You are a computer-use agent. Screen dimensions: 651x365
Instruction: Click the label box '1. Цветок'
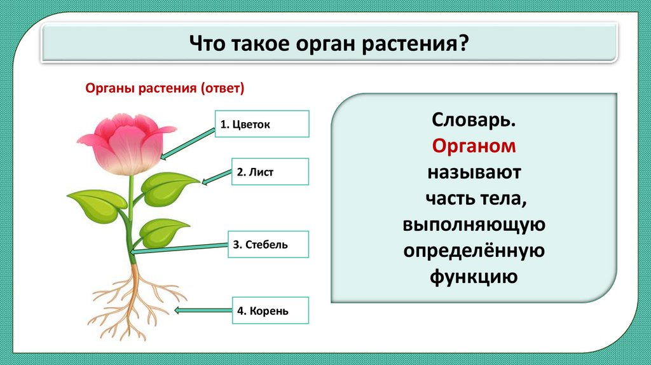(x=262, y=124)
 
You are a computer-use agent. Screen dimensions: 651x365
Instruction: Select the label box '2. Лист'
(x=270, y=172)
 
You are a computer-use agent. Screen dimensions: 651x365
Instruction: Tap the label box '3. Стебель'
(x=269, y=244)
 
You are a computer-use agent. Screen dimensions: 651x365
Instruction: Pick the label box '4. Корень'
(x=270, y=310)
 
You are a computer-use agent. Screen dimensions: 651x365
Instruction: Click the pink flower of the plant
(x=127, y=143)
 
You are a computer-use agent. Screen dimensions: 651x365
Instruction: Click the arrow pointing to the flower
(x=188, y=144)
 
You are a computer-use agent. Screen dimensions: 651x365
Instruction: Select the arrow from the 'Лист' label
(x=216, y=177)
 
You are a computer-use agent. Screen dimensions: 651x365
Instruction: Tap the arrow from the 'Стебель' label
(x=179, y=248)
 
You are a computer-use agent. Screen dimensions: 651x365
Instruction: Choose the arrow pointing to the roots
(x=203, y=310)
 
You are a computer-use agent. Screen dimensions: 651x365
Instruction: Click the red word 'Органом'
(x=474, y=146)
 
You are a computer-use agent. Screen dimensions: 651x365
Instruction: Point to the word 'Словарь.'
(x=474, y=120)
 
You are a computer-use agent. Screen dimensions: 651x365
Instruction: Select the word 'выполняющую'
(x=474, y=224)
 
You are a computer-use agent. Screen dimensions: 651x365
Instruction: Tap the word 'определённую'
(x=474, y=251)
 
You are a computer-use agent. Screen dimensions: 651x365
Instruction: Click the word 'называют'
(x=474, y=172)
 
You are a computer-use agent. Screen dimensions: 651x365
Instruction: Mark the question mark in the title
(x=463, y=43)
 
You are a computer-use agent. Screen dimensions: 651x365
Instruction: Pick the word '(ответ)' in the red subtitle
(x=222, y=88)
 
